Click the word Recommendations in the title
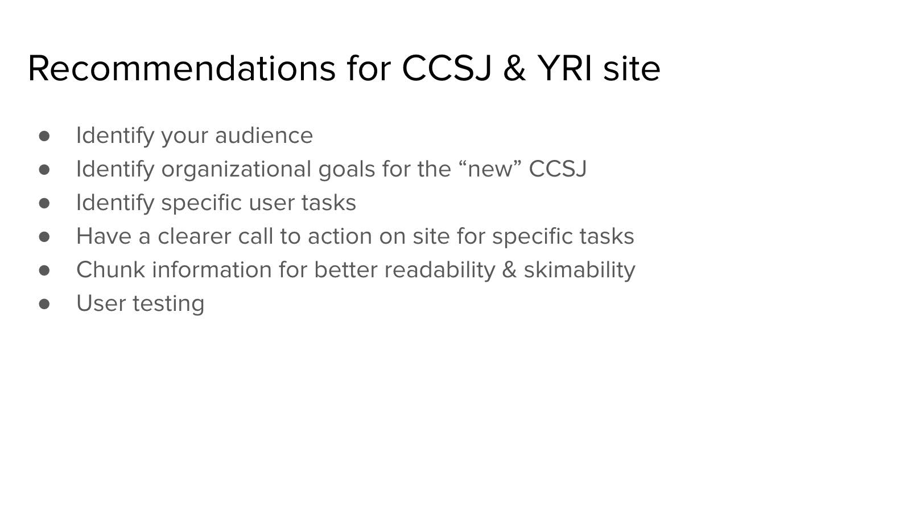click(182, 68)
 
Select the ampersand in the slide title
click(514, 68)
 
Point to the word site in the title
click(632, 68)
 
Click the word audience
click(264, 136)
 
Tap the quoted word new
click(490, 169)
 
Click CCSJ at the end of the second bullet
click(558, 169)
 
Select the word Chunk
click(110, 270)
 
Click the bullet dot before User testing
click(44, 304)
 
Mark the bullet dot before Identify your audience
click(44, 136)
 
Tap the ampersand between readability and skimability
click(509, 270)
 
